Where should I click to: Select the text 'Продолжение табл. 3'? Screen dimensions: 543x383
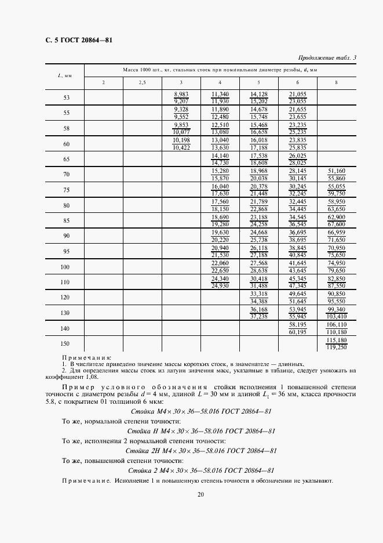pyautogui.click(x=327, y=57)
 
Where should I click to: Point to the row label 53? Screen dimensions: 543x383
pyautogui.click(x=66, y=97)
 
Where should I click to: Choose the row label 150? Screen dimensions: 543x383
pyautogui.click(x=66, y=343)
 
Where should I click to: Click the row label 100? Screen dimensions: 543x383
pyautogui.click(x=66, y=267)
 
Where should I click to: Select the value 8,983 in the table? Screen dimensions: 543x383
pyautogui.click(x=181, y=94)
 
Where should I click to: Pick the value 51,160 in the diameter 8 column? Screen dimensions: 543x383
pyautogui.click(x=336, y=171)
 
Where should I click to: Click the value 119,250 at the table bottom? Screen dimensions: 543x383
pyautogui.click(x=336, y=347)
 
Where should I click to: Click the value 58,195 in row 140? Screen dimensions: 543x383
pyautogui.click(x=297, y=325)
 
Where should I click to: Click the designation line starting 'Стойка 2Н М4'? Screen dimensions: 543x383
pyautogui.click(x=200, y=451)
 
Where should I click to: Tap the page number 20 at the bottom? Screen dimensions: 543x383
pyautogui.click(x=200, y=494)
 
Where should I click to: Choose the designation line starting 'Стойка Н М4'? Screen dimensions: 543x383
pyautogui.click(x=200, y=431)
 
